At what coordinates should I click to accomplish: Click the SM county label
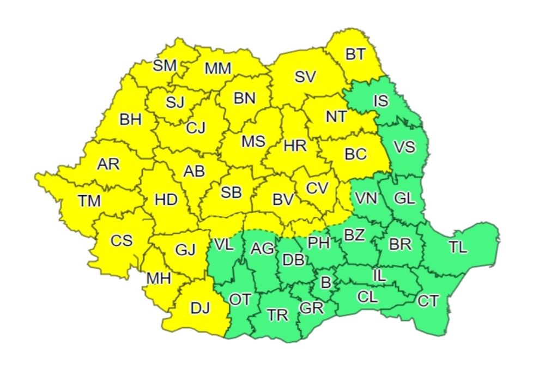tap(165, 66)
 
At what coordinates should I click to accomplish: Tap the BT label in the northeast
tap(355, 53)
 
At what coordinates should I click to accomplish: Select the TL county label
tap(458, 247)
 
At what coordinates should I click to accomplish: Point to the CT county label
tap(428, 300)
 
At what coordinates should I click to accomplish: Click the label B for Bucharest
tap(326, 282)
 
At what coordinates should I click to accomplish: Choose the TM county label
tap(89, 201)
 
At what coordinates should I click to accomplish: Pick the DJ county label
tap(200, 308)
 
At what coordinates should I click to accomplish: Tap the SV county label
tap(305, 77)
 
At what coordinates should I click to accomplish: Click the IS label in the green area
tap(380, 101)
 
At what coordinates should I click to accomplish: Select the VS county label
tap(404, 147)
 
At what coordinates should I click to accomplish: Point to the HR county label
tap(295, 146)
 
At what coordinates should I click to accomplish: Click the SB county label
tap(232, 192)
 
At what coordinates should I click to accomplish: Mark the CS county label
tap(121, 240)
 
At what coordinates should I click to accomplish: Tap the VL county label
tap(223, 244)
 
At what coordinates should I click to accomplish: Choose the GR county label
tap(312, 308)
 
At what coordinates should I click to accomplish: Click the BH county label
tap(131, 119)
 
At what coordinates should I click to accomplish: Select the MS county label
tap(253, 142)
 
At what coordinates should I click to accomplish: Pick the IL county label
tap(379, 276)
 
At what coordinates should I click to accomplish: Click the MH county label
tap(159, 279)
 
